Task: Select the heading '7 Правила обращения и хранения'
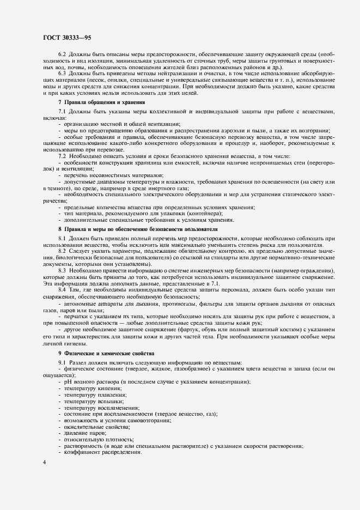(101, 102)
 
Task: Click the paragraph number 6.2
(62, 56)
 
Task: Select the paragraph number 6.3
(62, 73)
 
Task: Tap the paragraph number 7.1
(62, 112)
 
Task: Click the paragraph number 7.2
(62, 155)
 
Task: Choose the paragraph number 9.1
(62, 363)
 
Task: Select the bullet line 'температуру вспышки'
(91, 400)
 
